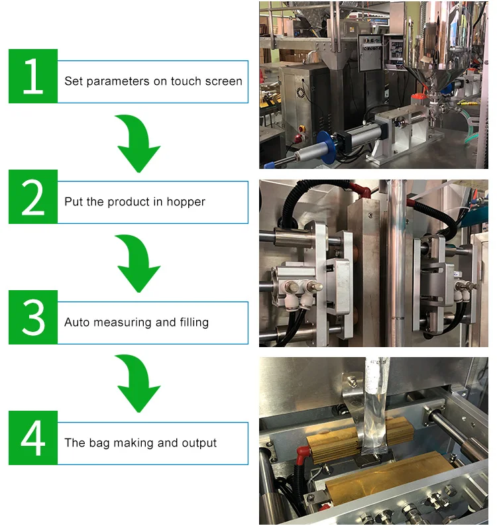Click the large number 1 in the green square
pyautogui.click(x=32, y=76)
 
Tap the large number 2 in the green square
pyautogui.click(x=32, y=197)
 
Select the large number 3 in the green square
pyautogui.click(x=32, y=317)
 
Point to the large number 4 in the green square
pyautogui.click(x=32, y=438)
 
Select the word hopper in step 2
pyautogui.click(x=187, y=202)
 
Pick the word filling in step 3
pyautogui.click(x=193, y=323)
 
